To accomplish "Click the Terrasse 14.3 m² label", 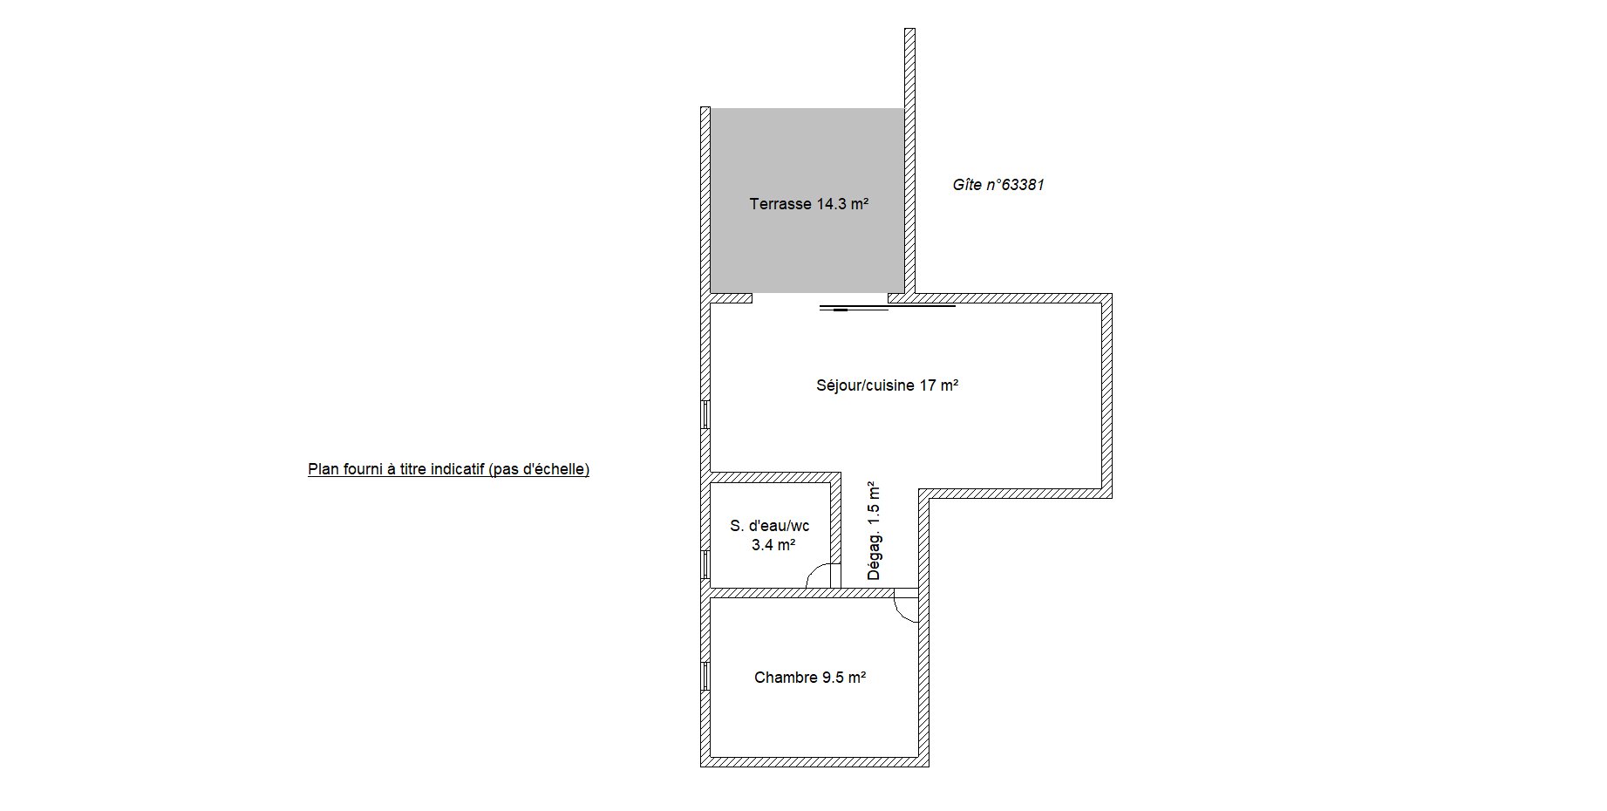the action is pos(809,204).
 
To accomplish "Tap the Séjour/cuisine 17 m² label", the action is pos(888,385).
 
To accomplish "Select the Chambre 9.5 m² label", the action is pos(810,678).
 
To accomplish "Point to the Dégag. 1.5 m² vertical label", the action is pos(874,531).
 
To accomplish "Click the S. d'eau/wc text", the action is pos(769,526).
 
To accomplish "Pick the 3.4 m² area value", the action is pos(773,545).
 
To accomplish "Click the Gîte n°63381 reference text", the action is pos(998,185).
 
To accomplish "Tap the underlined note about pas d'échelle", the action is pos(448,469).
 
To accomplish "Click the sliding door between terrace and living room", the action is pos(888,307).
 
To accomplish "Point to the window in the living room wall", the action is pos(705,414).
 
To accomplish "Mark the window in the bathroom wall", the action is pos(705,564).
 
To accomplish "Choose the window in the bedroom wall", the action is pos(705,677).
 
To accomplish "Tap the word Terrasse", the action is pos(780,204).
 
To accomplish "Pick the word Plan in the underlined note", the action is pos(322,469).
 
